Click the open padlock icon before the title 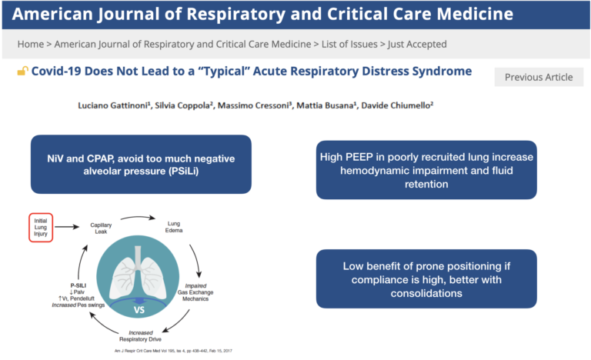point(22,72)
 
